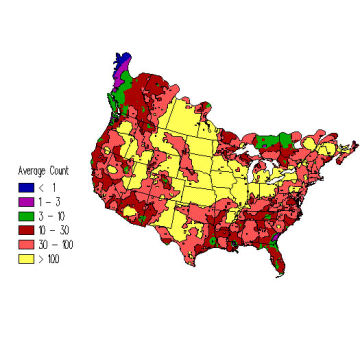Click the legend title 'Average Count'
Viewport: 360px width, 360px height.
[x=42, y=170]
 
